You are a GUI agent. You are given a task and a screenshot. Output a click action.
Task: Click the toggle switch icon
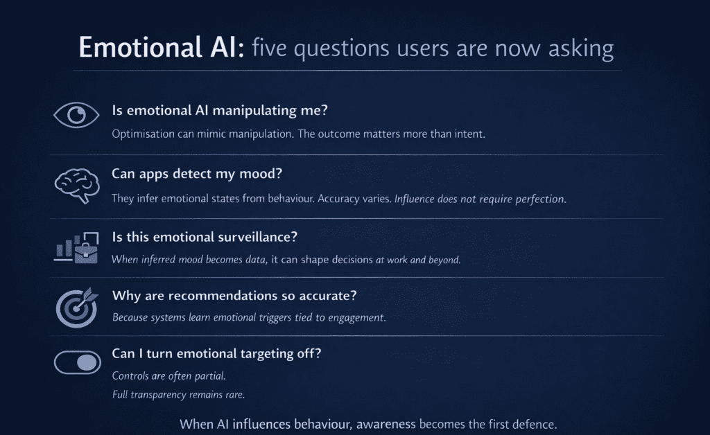(76, 362)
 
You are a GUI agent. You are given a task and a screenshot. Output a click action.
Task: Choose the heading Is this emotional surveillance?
(205, 237)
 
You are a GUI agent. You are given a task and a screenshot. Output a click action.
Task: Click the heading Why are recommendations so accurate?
(234, 296)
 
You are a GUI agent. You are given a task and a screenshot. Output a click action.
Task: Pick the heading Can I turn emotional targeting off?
(216, 354)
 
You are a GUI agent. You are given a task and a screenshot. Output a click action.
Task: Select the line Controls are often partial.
(168, 376)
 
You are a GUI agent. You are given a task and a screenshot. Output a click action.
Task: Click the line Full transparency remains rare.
(179, 395)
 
